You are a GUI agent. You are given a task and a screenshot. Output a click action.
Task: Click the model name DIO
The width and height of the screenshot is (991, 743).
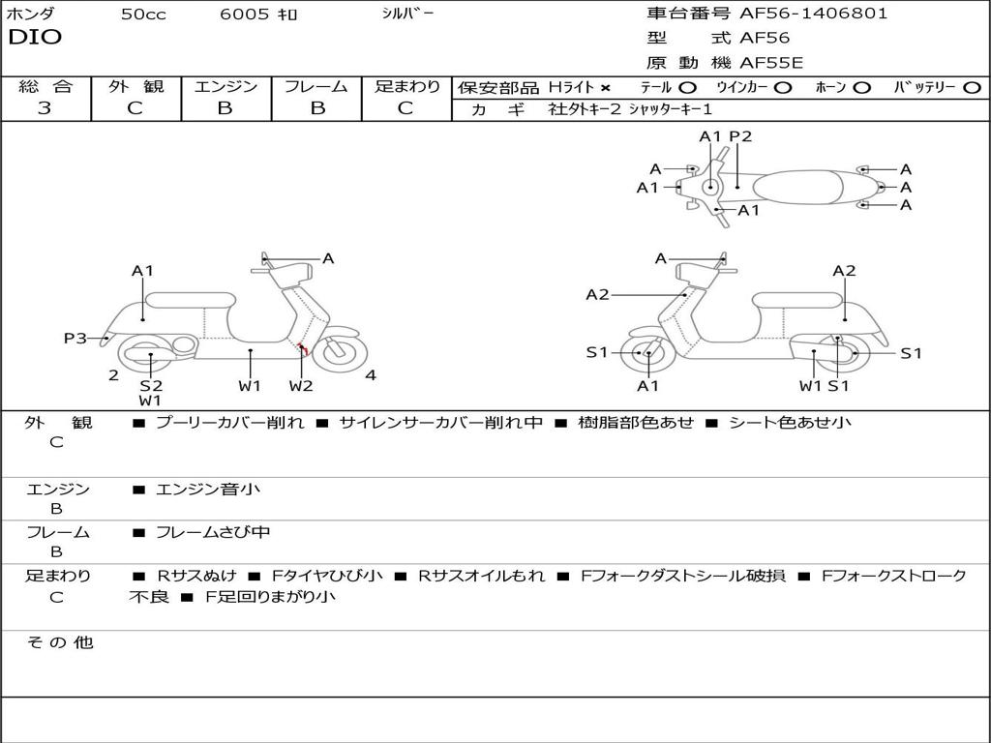tap(35, 38)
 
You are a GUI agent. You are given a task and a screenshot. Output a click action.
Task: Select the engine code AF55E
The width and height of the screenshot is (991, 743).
tap(770, 63)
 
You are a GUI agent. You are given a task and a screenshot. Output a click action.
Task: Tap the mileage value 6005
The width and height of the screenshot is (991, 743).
tap(244, 15)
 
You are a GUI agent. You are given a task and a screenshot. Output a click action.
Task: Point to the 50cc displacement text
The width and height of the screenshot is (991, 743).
tap(143, 15)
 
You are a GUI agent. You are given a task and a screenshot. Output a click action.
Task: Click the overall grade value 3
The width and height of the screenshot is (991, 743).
tap(45, 108)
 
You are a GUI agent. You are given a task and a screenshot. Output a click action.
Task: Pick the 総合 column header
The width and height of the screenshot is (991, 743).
tap(45, 87)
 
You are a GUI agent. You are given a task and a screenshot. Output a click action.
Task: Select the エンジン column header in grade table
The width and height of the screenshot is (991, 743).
tap(225, 87)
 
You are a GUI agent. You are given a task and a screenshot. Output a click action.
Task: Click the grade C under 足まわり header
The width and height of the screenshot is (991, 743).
tap(405, 108)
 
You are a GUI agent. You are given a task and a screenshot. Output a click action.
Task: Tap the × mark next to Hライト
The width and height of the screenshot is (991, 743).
tap(605, 88)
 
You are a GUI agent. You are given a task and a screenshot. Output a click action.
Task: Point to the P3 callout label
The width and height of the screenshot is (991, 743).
tap(75, 338)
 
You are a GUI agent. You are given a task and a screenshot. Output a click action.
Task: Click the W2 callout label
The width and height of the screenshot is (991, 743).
tap(301, 386)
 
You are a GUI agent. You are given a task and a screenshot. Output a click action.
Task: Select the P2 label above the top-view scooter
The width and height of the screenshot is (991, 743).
tap(740, 136)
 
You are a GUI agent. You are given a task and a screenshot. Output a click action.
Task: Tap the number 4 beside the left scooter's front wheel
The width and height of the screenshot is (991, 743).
tap(371, 375)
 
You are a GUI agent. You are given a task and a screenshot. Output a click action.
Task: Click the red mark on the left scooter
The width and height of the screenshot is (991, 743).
tap(303, 348)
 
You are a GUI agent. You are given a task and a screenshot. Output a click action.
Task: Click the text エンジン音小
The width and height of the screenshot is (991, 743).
tap(208, 490)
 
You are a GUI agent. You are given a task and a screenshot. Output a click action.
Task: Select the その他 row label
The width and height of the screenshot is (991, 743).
tap(60, 642)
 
